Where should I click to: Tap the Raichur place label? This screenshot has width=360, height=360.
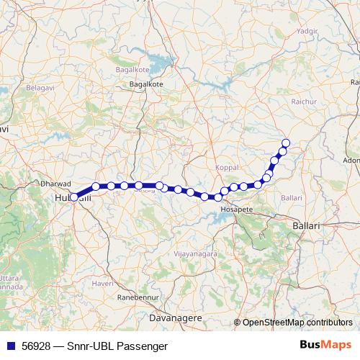point(303,102)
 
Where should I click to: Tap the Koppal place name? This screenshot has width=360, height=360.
point(226,168)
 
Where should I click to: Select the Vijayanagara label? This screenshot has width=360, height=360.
point(190,255)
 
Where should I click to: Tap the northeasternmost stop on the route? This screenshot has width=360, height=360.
point(286,143)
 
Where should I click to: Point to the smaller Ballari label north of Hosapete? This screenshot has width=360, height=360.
point(292,197)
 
